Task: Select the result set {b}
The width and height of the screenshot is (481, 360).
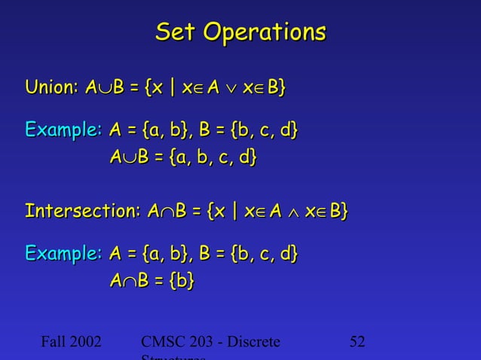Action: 181,280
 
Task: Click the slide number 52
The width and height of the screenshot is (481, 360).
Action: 357,342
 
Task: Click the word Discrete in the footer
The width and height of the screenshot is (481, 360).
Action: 253,342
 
